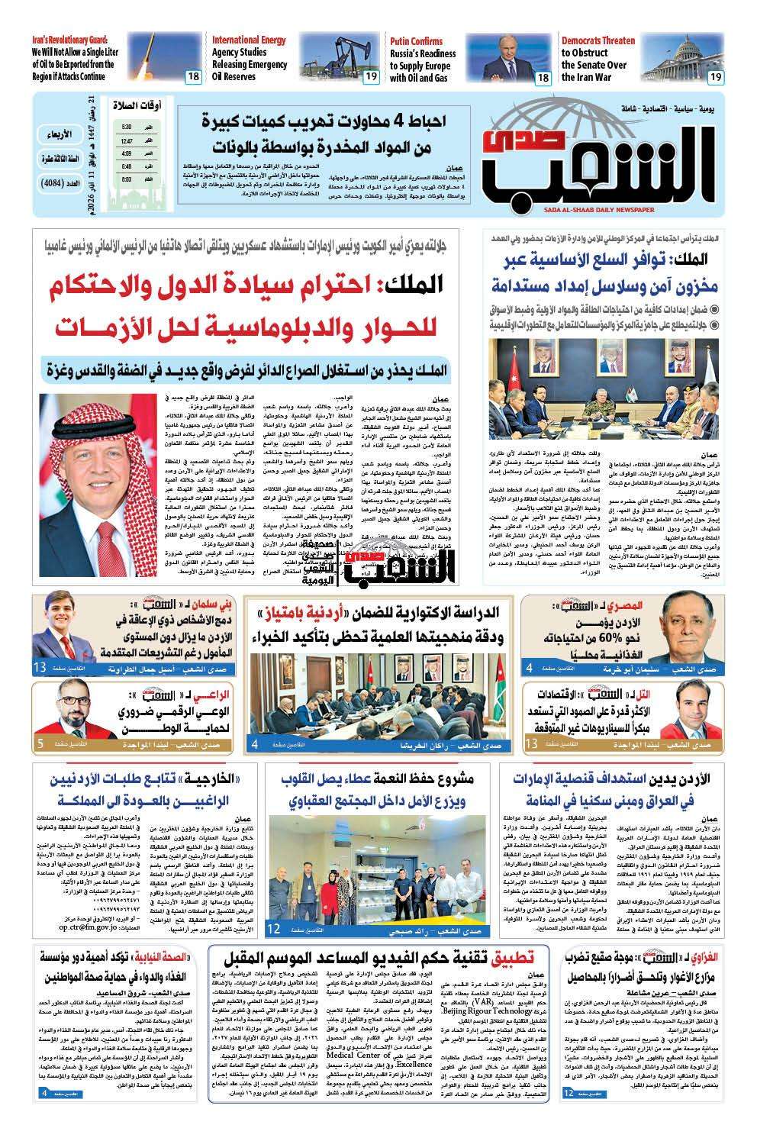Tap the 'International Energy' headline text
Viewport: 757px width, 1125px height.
pos(249,40)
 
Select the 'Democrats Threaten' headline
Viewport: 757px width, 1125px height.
pos(598,40)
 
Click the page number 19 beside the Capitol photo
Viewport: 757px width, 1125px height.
pos(715,76)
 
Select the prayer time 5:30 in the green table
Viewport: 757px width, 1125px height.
pos(127,127)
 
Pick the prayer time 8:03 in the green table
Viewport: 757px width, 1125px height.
pos(127,179)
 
